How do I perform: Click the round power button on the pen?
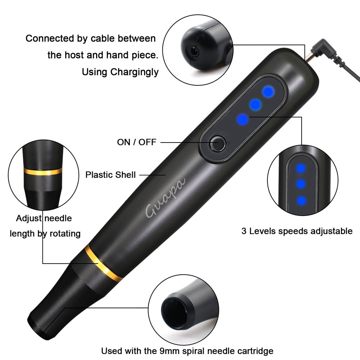218,144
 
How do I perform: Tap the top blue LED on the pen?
268,91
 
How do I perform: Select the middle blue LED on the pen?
255,105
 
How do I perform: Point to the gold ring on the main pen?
103,263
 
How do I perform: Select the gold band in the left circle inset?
43,171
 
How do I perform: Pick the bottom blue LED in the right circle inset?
301,201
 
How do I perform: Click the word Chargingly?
135,72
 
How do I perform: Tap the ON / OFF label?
136,142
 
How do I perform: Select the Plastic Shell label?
111,175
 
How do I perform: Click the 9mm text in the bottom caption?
170,351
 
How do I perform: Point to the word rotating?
65,234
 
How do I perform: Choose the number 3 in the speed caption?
244,231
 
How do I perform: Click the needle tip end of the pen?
36,329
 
